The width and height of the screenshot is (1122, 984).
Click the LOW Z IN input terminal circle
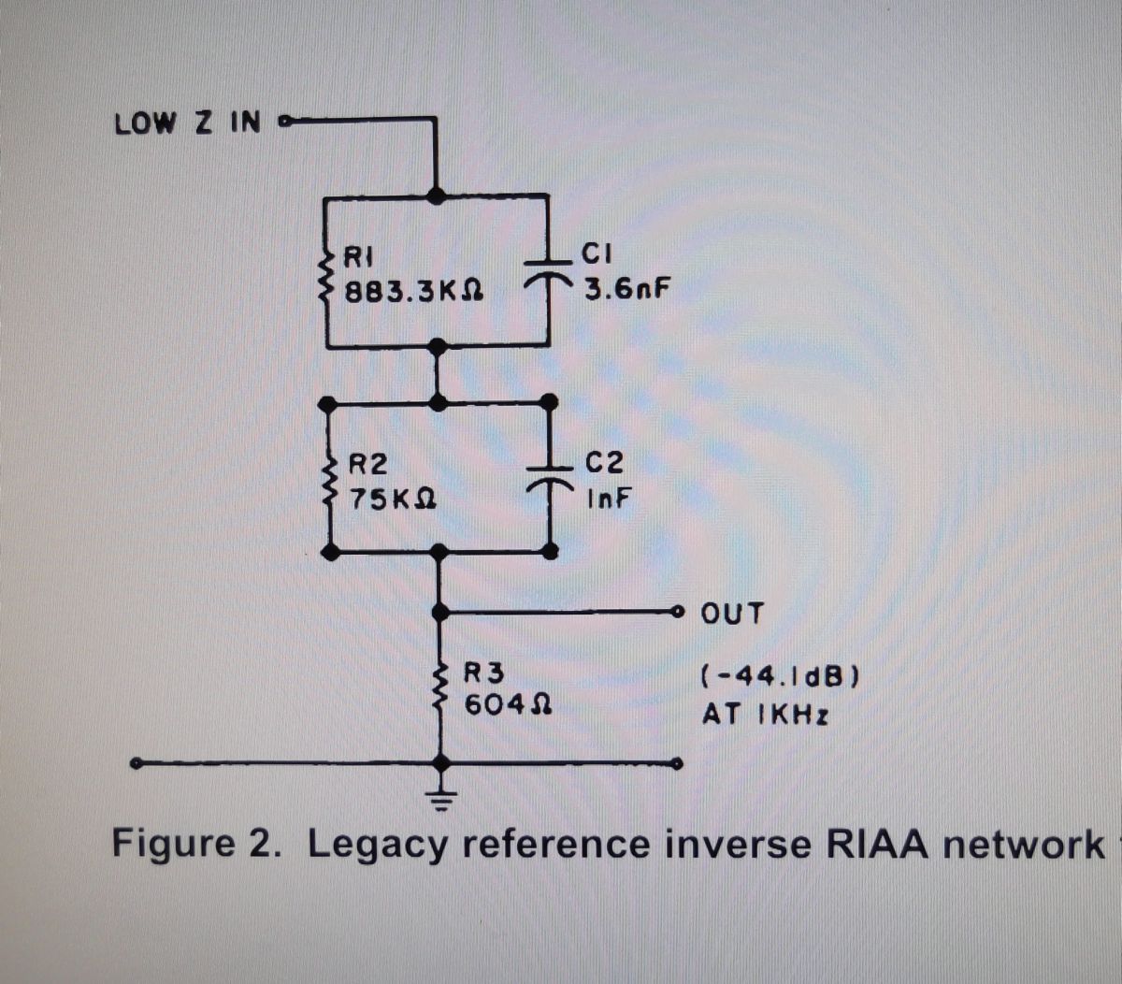coord(284,121)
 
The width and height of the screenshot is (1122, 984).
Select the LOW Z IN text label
coord(187,123)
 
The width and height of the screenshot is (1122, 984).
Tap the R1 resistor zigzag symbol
coord(327,271)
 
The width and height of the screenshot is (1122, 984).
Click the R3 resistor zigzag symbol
coord(439,687)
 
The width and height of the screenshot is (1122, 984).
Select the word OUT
coord(732,615)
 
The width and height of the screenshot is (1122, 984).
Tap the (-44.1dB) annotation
coord(779,675)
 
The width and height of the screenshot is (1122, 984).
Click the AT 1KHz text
coord(765,716)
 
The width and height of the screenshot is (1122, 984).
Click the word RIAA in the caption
coord(877,844)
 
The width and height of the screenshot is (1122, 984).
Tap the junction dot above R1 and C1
coord(436,195)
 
